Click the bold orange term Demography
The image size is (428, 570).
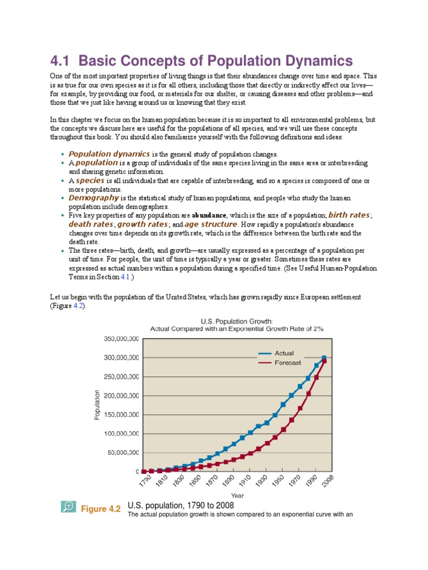click(x=94, y=198)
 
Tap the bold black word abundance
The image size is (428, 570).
click(x=210, y=215)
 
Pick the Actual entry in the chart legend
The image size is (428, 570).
click(x=284, y=353)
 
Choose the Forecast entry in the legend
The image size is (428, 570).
click(x=288, y=362)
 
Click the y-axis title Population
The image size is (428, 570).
click(x=98, y=405)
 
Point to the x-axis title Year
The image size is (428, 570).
click(x=237, y=494)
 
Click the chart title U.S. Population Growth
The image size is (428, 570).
click(x=237, y=321)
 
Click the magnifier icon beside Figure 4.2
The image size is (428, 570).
click(x=69, y=507)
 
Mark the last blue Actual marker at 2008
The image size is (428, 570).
click(x=324, y=358)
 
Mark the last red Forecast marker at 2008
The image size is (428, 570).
click(x=324, y=362)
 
